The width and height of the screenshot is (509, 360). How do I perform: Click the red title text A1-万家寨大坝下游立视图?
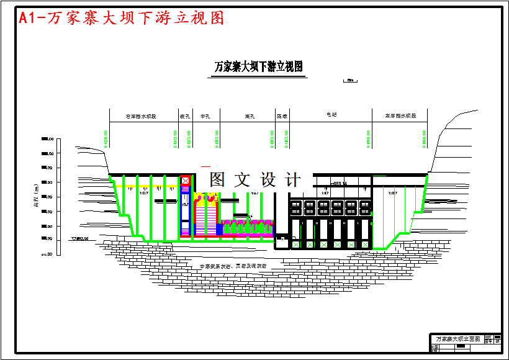pos(121,18)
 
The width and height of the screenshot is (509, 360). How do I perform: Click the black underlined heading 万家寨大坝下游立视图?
pos(258,66)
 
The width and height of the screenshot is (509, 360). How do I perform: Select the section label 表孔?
pos(184,116)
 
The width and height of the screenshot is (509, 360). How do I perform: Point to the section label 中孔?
pos(205,116)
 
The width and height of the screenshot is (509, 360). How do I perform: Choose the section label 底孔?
pos(251,116)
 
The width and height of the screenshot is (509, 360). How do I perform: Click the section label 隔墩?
pos(282,116)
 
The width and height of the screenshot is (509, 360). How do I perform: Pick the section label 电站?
pos(331,115)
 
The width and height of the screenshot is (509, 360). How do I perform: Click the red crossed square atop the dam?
pos(185,181)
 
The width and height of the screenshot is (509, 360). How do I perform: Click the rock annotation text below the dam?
pos(233,266)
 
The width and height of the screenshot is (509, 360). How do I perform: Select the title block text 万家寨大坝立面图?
pos(457,340)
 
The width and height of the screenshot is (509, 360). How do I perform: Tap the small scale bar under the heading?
pos(351,80)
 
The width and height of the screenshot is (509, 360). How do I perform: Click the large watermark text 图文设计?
pos(255,180)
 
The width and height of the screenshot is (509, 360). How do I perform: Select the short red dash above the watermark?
pos(205,166)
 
